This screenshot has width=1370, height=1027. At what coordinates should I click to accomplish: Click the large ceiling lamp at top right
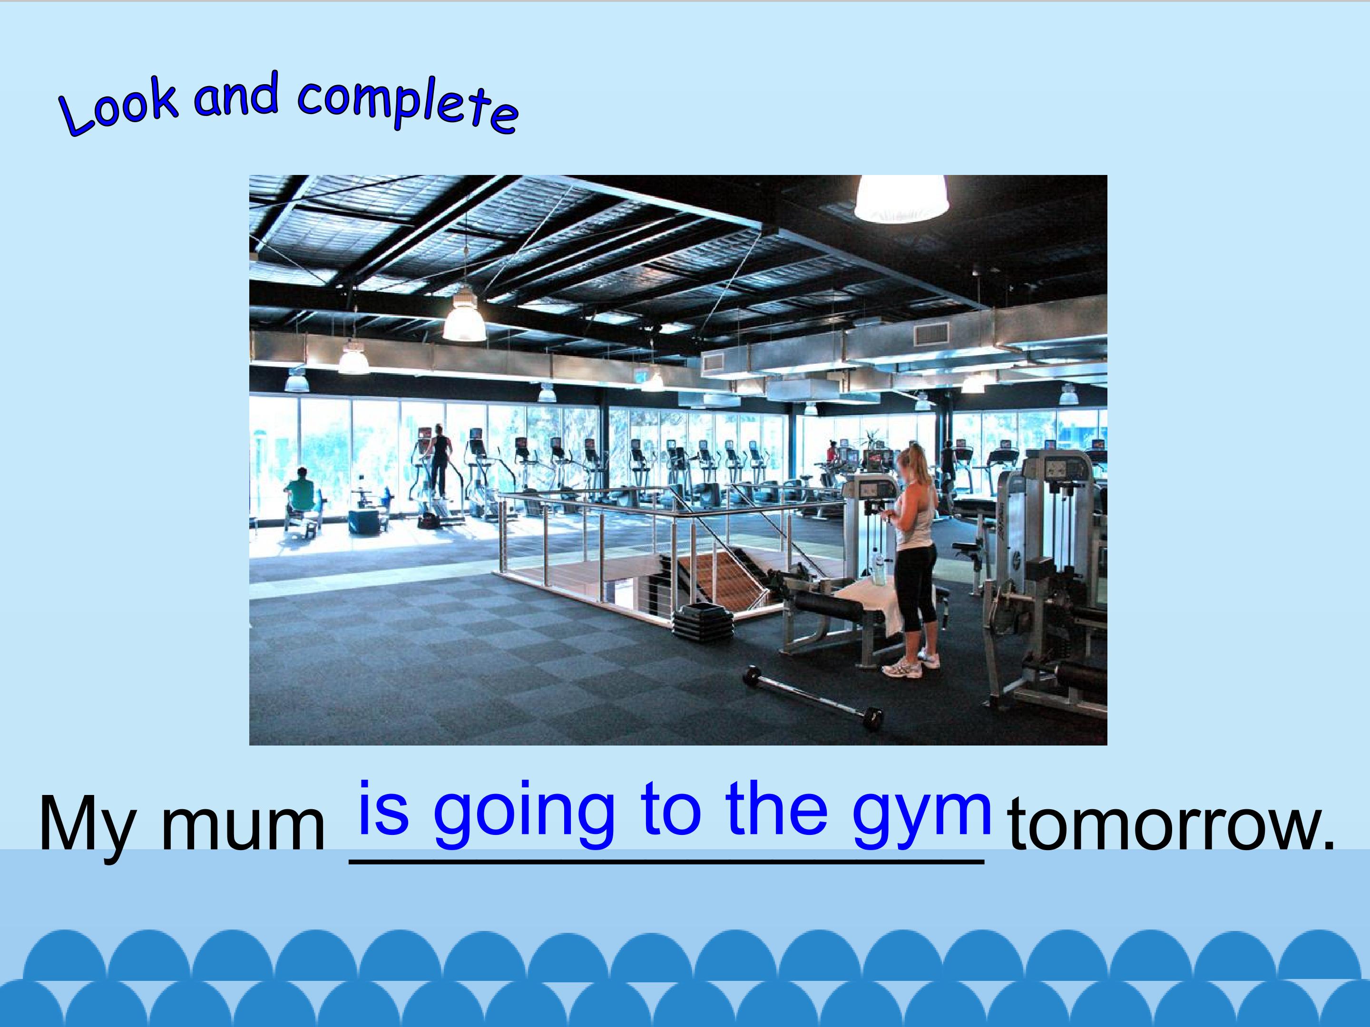point(901,197)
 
